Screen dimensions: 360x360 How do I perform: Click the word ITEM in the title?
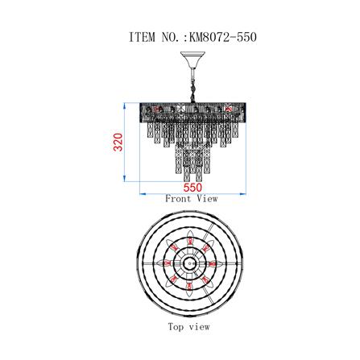coord(143,37)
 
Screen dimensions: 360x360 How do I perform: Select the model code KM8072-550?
coord(223,37)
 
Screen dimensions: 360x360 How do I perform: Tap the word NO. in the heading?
coord(171,37)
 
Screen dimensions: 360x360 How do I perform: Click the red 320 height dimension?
coord(118,142)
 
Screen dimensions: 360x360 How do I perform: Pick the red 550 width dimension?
coord(192,187)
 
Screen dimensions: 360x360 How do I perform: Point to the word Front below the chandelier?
coord(178,199)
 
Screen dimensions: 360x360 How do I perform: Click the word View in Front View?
coord(207,199)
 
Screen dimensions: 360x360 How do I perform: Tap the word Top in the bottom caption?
coord(176,327)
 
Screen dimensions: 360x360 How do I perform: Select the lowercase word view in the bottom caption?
coord(199,327)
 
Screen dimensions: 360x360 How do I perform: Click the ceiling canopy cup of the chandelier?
coord(192,57)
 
